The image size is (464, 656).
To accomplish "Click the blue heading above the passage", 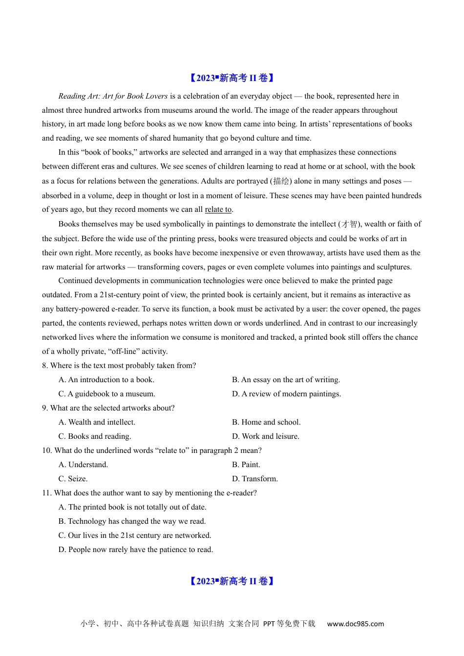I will pyautogui.click(x=232, y=78).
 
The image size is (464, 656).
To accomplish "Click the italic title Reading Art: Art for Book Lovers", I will pyautogui.click(x=113, y=96).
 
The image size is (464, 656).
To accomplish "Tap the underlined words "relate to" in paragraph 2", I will pyautogui.click(x=218, y=209).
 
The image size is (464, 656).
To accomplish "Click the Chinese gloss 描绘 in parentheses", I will pyautogui.click(x=281, y=181).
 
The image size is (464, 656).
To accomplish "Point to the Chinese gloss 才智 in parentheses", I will pyautogui.click(x=349, y=224).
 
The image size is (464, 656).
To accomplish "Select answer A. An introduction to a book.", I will pyautogui.click(x=106, y=380).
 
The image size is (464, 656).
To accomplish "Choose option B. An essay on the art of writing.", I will pyautogui.click(x=286, y=380).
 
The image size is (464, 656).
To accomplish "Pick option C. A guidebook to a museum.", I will pyautogui.click(x=106, y=394).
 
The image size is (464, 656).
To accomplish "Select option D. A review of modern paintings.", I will pyautogui.click(x=286, y=394).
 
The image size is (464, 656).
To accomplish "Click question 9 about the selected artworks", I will pyautogui.click(x=108, y=408).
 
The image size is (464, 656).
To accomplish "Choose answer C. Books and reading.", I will pyautogui.click(x=95, y=436).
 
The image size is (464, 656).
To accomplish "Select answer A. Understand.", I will pyautogui.click(x=83, y=465).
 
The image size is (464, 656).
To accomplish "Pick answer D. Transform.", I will pyautogui.click(x=254, y=479).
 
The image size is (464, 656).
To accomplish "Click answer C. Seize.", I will pyautogui.click(x=73, y=479).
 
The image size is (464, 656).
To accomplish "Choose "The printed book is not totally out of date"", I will pyautogui.click(x=132, y=507).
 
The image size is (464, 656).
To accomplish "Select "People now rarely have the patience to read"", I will pyautogui.click(x=136, y=550).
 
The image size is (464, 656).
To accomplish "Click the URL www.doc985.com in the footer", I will pyautogui.click(x=355, y=624).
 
